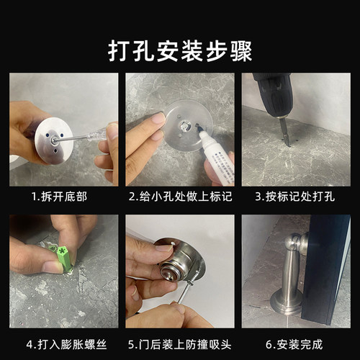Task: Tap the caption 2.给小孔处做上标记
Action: click(x=180, y=196)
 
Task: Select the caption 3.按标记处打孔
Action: click(x=296, y=196)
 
